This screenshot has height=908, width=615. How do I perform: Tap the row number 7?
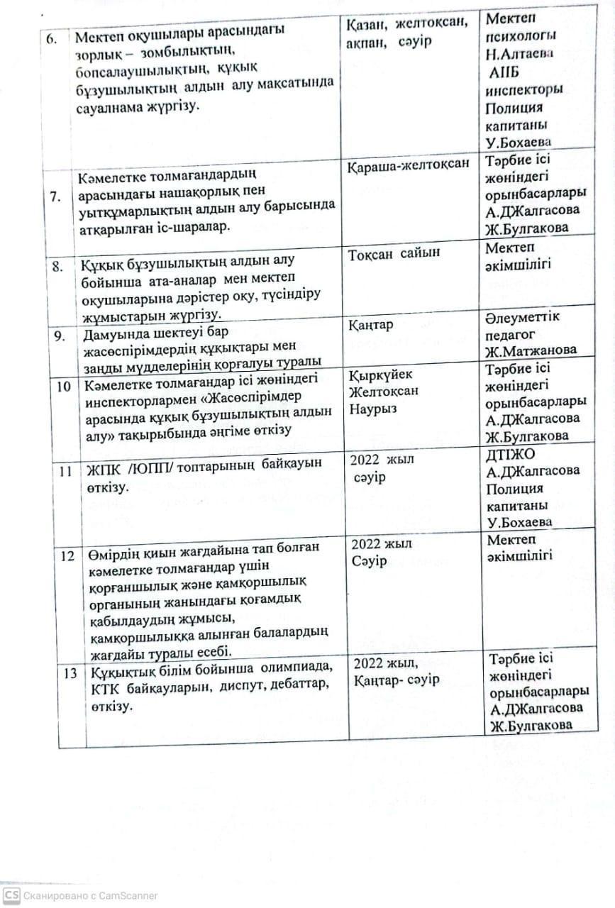click(55, 197)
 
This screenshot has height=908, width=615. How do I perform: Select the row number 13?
click(70, 672)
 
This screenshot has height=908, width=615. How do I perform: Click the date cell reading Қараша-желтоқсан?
click(409, 165)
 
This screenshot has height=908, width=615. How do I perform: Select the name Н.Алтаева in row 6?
click(521, 54)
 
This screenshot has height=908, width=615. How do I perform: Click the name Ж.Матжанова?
click(531, 349)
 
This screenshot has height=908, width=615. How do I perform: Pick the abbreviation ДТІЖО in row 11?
click(511, 453)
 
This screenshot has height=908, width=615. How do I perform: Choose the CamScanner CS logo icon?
click(11, 895)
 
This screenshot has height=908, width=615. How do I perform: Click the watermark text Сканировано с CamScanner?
click(90, 896)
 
